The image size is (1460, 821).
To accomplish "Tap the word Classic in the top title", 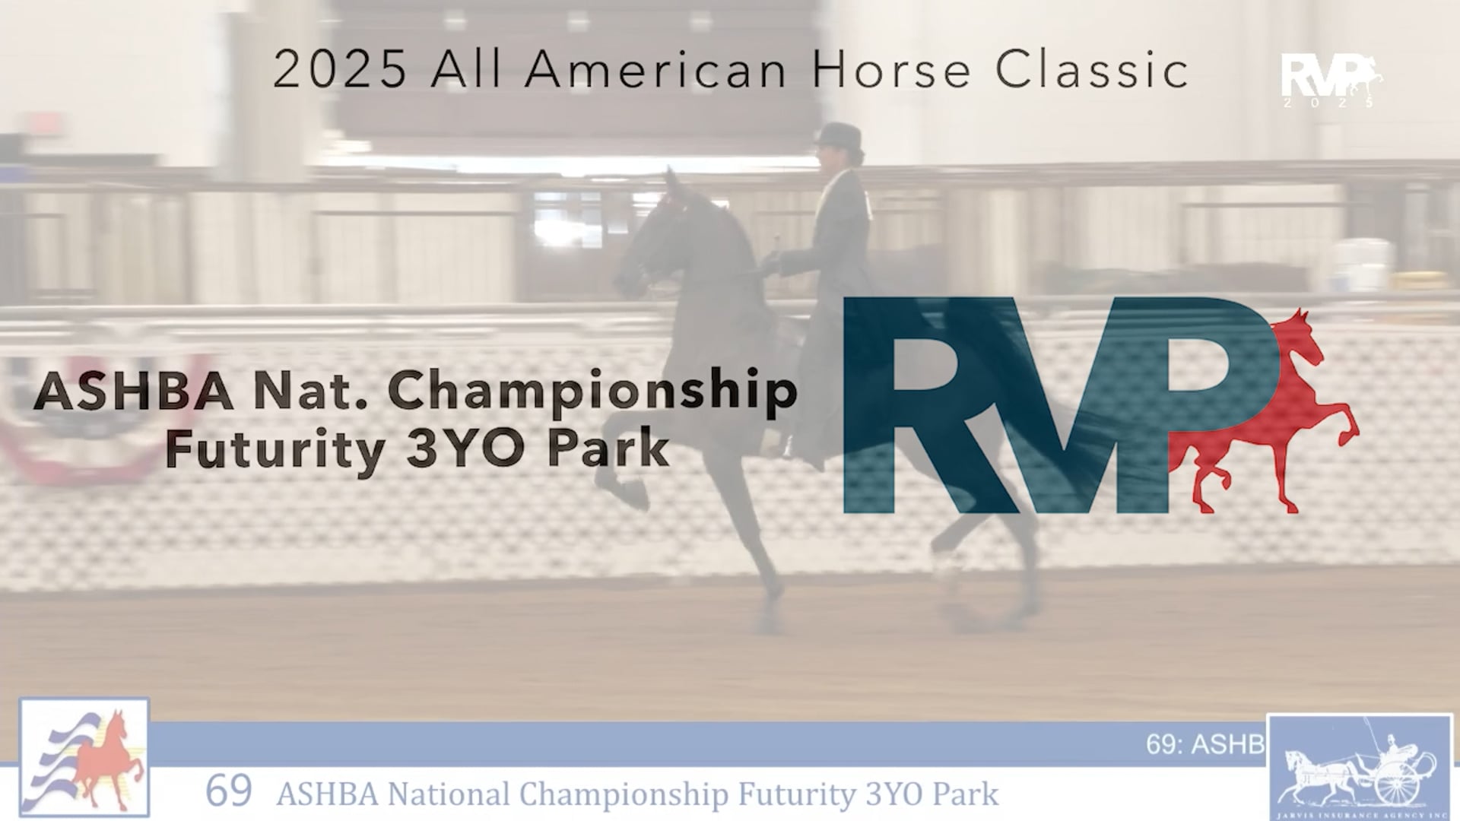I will [x=1092, y=70].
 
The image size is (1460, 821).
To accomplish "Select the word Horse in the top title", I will [x=892, y=70].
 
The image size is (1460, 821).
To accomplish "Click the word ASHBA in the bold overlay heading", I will [x=133, y=391].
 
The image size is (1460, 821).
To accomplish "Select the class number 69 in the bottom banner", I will [x=228, y=791].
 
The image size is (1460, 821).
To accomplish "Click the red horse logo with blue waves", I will [x=84, y=756].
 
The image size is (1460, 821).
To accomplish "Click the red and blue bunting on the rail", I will [x=99, y=426].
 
